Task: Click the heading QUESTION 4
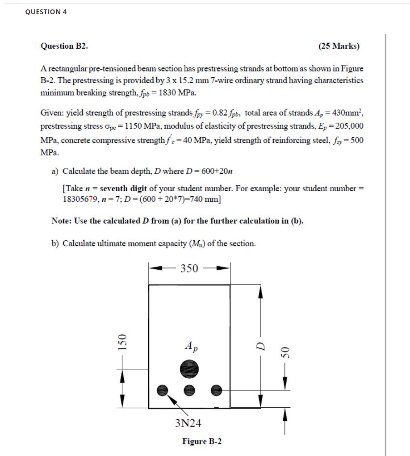pos(46,12)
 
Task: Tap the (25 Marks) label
pos(339,46)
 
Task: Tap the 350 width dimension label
pos(189,268)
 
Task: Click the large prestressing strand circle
pos(189,369)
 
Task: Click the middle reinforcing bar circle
pos(189,389)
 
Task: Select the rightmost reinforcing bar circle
pos(216,389)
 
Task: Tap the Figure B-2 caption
pos(202,442)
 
